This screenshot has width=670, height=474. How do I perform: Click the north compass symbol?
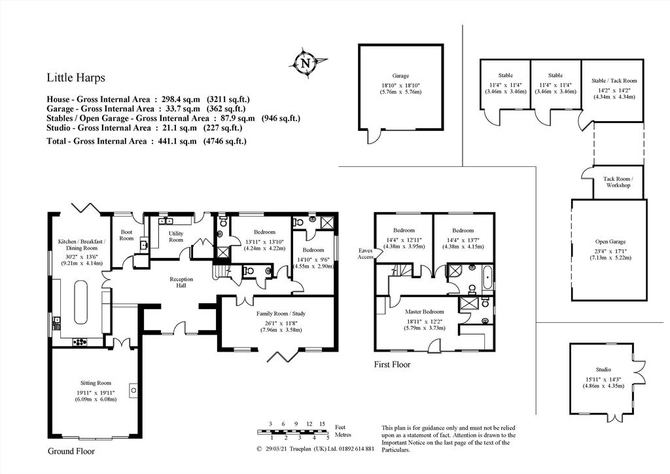[x=306, y=64]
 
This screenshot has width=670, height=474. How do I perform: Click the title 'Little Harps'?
[x=76, y=78]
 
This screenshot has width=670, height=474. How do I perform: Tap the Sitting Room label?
[x=96, y=383]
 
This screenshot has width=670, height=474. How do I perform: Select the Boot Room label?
[x=126, y=235]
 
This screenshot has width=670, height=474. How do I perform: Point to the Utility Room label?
[x=175, y=236]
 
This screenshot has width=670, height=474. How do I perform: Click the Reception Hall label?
[x=181, y=282]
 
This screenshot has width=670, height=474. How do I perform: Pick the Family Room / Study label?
[x=281, y=314]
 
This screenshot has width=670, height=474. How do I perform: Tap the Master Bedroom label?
[x=424, y=312]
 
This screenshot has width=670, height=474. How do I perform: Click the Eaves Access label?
[x=365, y=253]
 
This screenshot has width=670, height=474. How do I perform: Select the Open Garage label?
[x=610, y=242]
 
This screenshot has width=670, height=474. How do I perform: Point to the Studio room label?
[x=603, y=369]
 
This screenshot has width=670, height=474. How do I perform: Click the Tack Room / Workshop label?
[x=618, y=182]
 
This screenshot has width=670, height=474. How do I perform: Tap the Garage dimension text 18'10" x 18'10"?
[x=400, y=85]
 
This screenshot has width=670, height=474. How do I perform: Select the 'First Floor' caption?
[x=392, y=365]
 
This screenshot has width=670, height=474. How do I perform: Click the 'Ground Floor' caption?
[x=71, y=451]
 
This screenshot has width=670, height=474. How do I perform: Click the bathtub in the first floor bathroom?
[x=487, y=278]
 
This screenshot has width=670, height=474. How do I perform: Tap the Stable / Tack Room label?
[x=614, y=81]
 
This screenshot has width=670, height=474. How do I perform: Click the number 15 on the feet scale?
[x=322, y=424]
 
